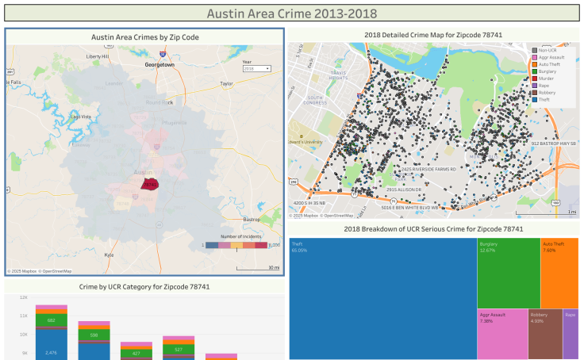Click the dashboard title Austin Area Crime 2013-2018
tap(292, 13)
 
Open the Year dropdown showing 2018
tap(256, 69)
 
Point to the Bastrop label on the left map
tap(252, 219)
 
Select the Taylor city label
tap(227, 82)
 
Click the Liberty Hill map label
tap(98, 57)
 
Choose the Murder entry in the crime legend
tap(547, 79)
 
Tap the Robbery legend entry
tap(547, 93)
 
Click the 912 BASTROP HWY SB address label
tap(553, 144)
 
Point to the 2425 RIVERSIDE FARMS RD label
tap(428, 169)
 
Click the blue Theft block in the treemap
tap(382, 297)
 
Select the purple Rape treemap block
tap(571, 334)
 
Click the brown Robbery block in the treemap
tap(544, 334)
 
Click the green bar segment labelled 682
tap(51, 320)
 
